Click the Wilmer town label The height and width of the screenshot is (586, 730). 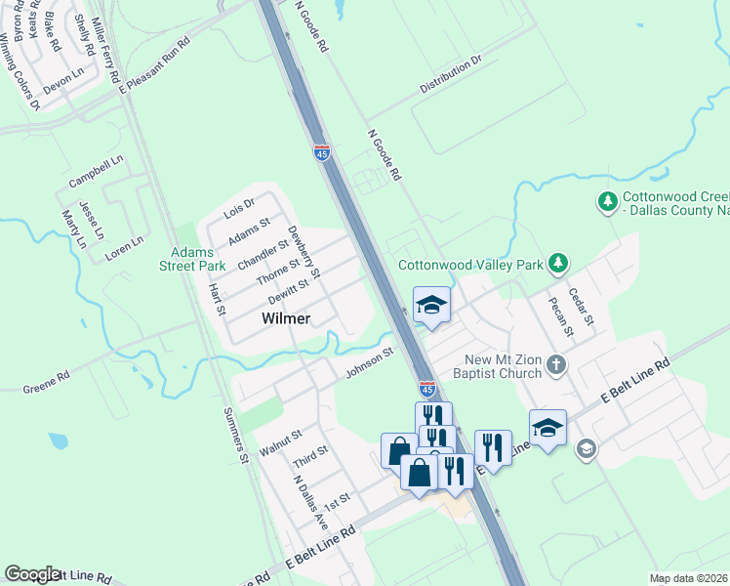click(286, 318)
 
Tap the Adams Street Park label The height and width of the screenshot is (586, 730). click(198, 258)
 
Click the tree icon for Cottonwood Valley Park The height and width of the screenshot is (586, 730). click(558, 264)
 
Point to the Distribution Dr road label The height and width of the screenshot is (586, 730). click(452, 74)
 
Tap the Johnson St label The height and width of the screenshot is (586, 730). click(369, 361)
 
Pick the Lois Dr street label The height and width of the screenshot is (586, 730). click(238, 207)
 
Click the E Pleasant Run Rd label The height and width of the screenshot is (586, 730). click(154, 65)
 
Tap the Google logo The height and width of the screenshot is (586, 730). click(32, 574)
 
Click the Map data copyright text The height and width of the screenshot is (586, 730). click(688, 578)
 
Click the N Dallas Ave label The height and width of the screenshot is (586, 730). click(310, 502)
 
